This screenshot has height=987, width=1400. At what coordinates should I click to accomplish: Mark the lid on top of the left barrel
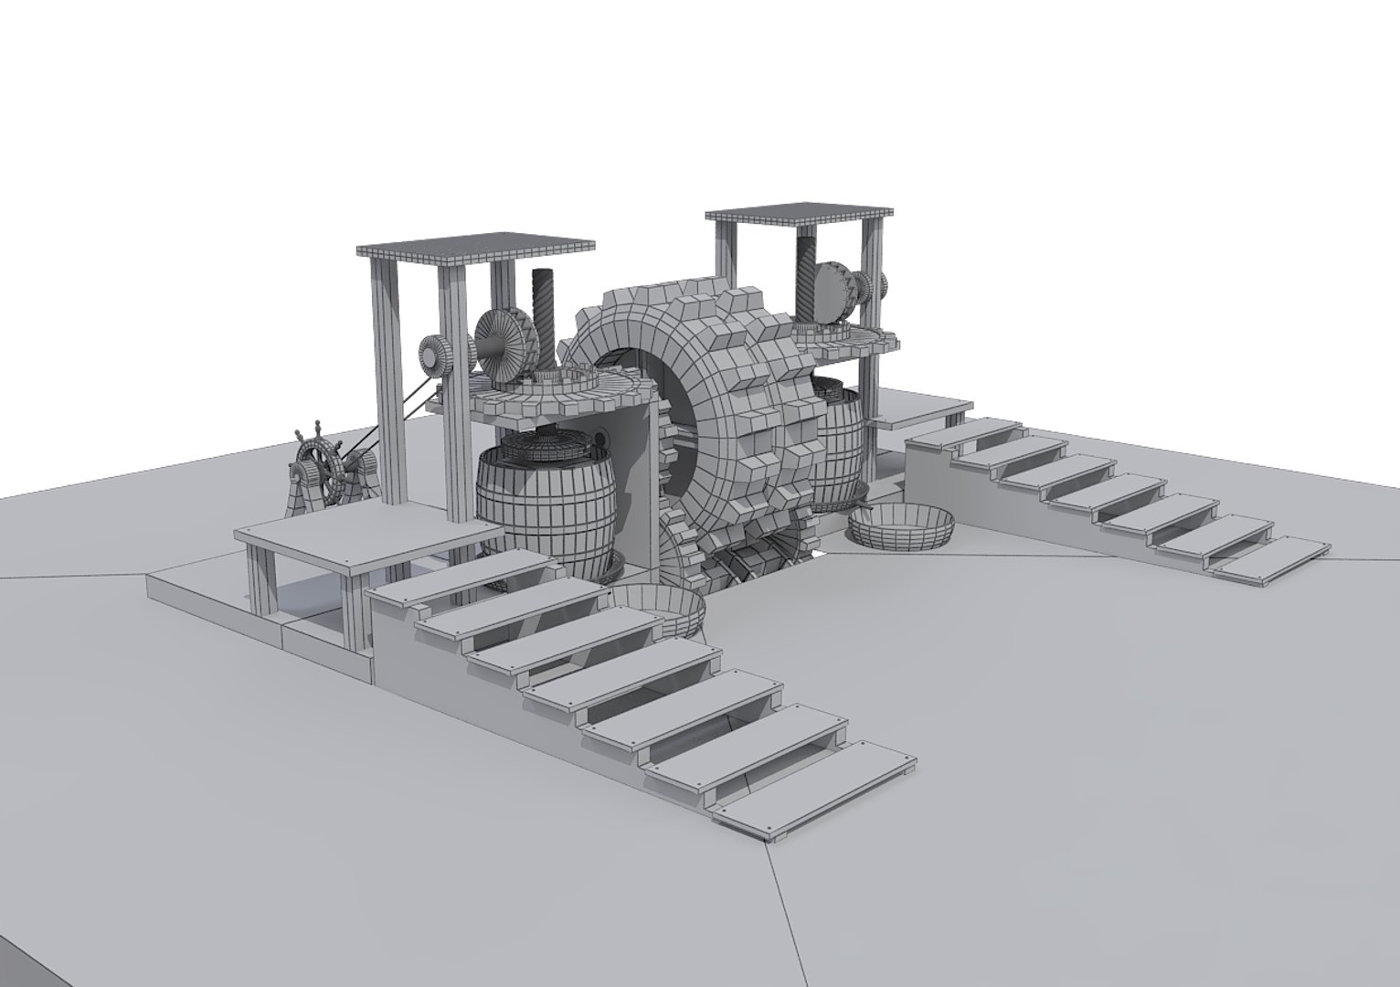point(548,447)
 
